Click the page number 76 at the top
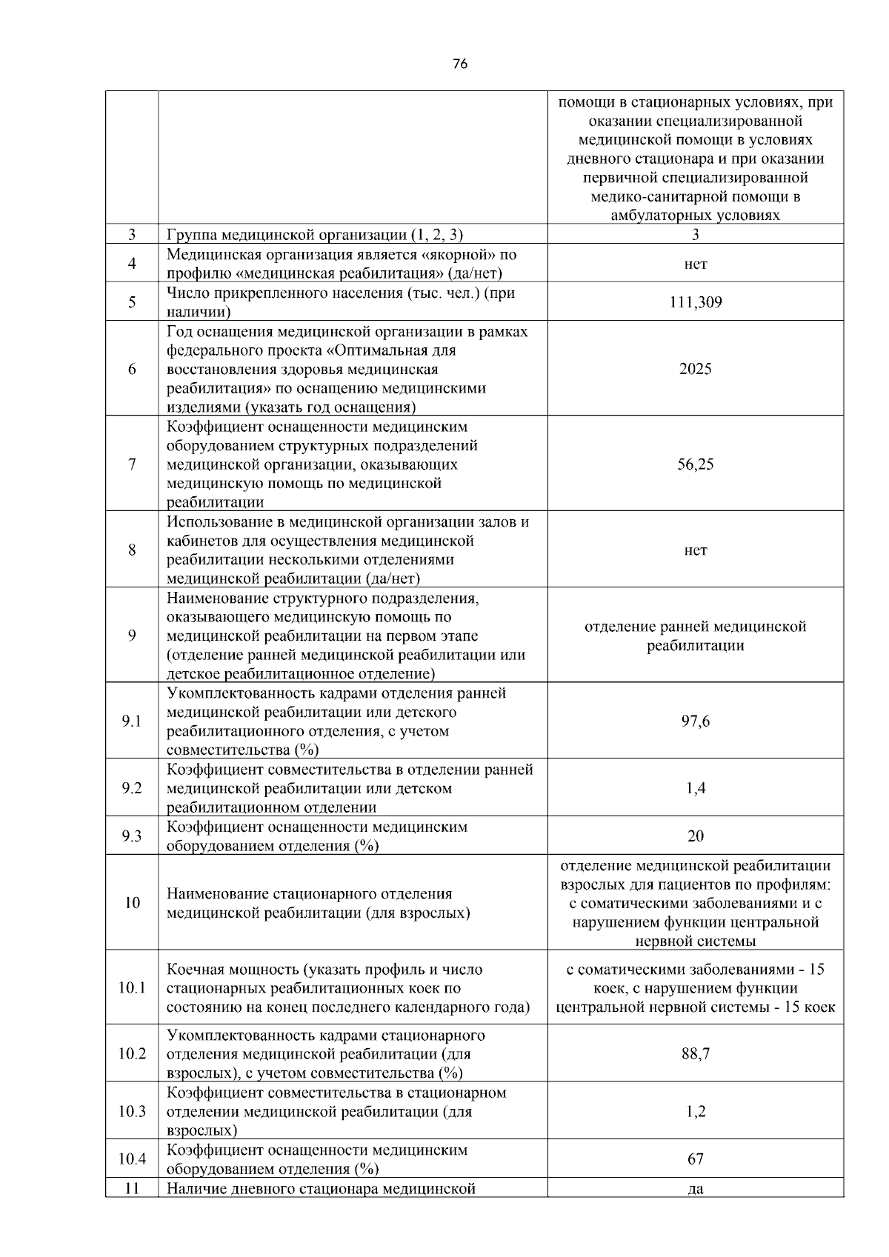tap(459, 64)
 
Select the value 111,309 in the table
tap(695, 302)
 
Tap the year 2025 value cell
tap(695, 369)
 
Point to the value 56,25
tap(695, 464)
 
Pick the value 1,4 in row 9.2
tap(695, 788)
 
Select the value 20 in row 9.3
tap(695, 836)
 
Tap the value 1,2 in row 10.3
tap(695, 1112)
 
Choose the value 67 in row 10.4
tap(695, 1159)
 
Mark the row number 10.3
tap(132, 1112)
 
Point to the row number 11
tap(132, 1190)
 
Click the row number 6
tap(132, 369)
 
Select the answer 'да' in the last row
tap(695, 1190)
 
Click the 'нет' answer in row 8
tap(695, 550)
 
